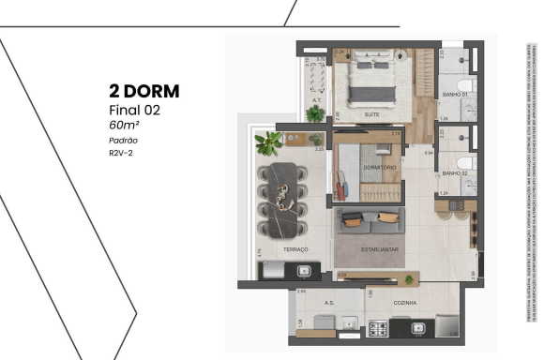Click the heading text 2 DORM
(x=144, y=92)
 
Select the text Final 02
(x=132, y=110)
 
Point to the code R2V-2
(x=120, y=152)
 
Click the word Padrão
(x=121, y=140)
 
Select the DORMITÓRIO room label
(x=380, y=168)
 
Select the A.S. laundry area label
(x=329, y=303)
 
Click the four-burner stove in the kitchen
(x=381, y=328)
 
